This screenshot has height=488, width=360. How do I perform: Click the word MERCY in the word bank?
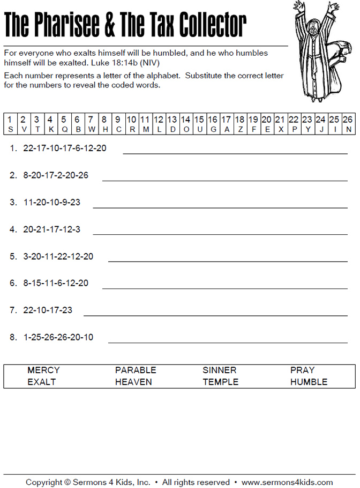[x=43, y=370]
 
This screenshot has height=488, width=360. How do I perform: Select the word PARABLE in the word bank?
[x=136, y=370]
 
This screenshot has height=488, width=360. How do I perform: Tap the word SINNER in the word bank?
[x=219, y=370]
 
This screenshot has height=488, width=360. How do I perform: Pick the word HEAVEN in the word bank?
[x=133, y=382]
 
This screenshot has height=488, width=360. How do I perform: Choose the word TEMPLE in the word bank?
[x=221, y=382]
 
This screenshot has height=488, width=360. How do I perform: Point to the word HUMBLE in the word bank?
[x=309, y=382]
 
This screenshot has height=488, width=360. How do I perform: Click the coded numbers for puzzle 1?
[x=65, y=148]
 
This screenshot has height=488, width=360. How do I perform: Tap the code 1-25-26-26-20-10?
[x=58, y=337]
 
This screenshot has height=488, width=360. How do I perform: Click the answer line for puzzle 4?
[x=220, y=234]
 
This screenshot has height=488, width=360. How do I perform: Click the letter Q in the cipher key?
[x=64, y=129]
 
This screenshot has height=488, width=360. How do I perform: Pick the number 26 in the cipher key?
[x=348, y=120]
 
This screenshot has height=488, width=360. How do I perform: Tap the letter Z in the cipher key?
[x=239, y=129]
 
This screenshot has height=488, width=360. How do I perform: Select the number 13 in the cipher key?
[x=172, y=120]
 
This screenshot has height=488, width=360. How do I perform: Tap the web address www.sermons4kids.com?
[x=287, y=482]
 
